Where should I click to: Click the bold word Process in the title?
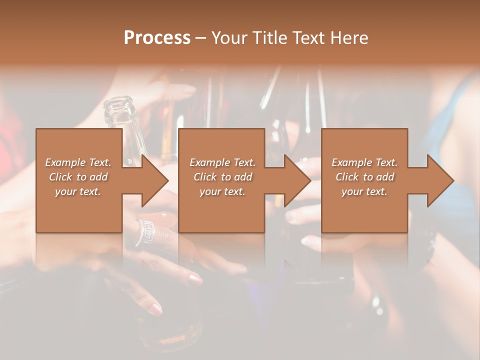[x=157, y=38]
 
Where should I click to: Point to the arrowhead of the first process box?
[x=155, y=180]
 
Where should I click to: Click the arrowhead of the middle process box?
[x=297, y=180]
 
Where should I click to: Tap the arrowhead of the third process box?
[x=440, y=180]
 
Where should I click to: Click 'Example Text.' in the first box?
[x=78, y=162]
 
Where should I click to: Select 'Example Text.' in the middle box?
[x=222, y=162]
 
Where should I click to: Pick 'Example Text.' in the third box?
[x=364, y=162]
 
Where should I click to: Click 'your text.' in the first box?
[x=78, y=191]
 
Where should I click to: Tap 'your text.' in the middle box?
[x=222, y=191]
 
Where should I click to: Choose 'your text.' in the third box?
[x=364, y=191]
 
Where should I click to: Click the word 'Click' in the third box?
[x=347, y=177]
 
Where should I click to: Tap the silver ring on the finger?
[x=145, y=232]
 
